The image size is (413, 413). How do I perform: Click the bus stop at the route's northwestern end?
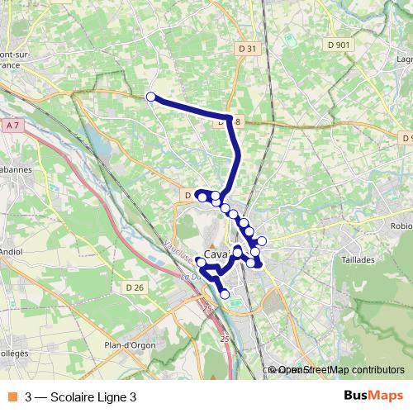pos(151,97)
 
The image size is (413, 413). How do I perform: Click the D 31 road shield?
pos(247,49)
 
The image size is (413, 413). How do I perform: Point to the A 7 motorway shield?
pos(12,126)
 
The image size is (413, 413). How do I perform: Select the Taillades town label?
pos(357,259)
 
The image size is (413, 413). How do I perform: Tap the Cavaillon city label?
pos(219,255)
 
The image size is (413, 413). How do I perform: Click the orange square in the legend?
pos(12,396)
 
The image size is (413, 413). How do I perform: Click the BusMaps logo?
pos(374,396)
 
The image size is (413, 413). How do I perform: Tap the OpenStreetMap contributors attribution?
pos(339,370)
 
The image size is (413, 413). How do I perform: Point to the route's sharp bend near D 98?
pos(229,116)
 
